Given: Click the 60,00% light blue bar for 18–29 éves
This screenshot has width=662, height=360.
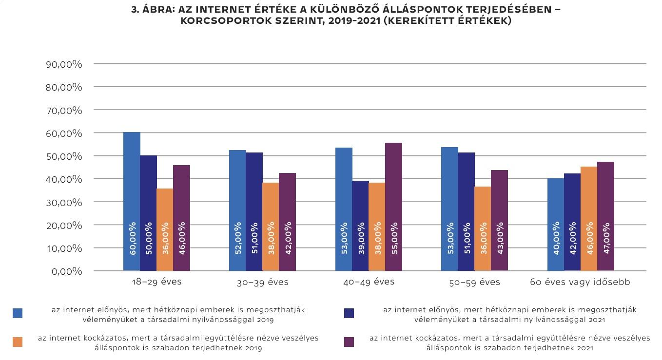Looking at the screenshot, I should [x=132, y=201].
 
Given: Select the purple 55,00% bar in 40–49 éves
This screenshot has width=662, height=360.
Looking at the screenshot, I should [x=393, y=207].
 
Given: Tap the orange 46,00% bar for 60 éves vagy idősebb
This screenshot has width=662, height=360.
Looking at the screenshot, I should [x=589, y=219].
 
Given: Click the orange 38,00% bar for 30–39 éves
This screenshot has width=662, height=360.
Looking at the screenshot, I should [x=271, y=227].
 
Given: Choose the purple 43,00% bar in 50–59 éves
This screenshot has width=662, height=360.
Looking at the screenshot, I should [x=500, y=220].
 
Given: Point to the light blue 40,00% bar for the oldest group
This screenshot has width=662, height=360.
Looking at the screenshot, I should [x=555, y=224].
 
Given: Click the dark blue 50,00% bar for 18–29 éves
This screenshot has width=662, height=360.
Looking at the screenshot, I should [x=148, y=213].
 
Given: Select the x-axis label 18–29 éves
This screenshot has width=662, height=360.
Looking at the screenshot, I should [x=156, y=282].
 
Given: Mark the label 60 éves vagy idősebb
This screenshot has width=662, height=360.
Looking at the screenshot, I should [x=580, y=283].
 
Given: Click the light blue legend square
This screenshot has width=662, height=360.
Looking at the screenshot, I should [x=18, y=313].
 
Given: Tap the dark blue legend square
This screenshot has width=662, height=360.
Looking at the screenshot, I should [x=349, y=313].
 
